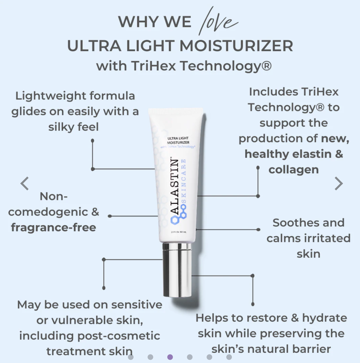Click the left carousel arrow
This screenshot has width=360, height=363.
25,183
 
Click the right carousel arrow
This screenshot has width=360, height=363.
338,183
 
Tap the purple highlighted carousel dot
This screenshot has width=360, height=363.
170,357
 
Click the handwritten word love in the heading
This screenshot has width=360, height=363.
218,22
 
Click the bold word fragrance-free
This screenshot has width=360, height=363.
53,227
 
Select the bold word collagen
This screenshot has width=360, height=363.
293,170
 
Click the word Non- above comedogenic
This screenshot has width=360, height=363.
53,196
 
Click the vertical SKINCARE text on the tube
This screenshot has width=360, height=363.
184,181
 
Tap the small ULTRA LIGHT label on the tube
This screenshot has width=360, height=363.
178,139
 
